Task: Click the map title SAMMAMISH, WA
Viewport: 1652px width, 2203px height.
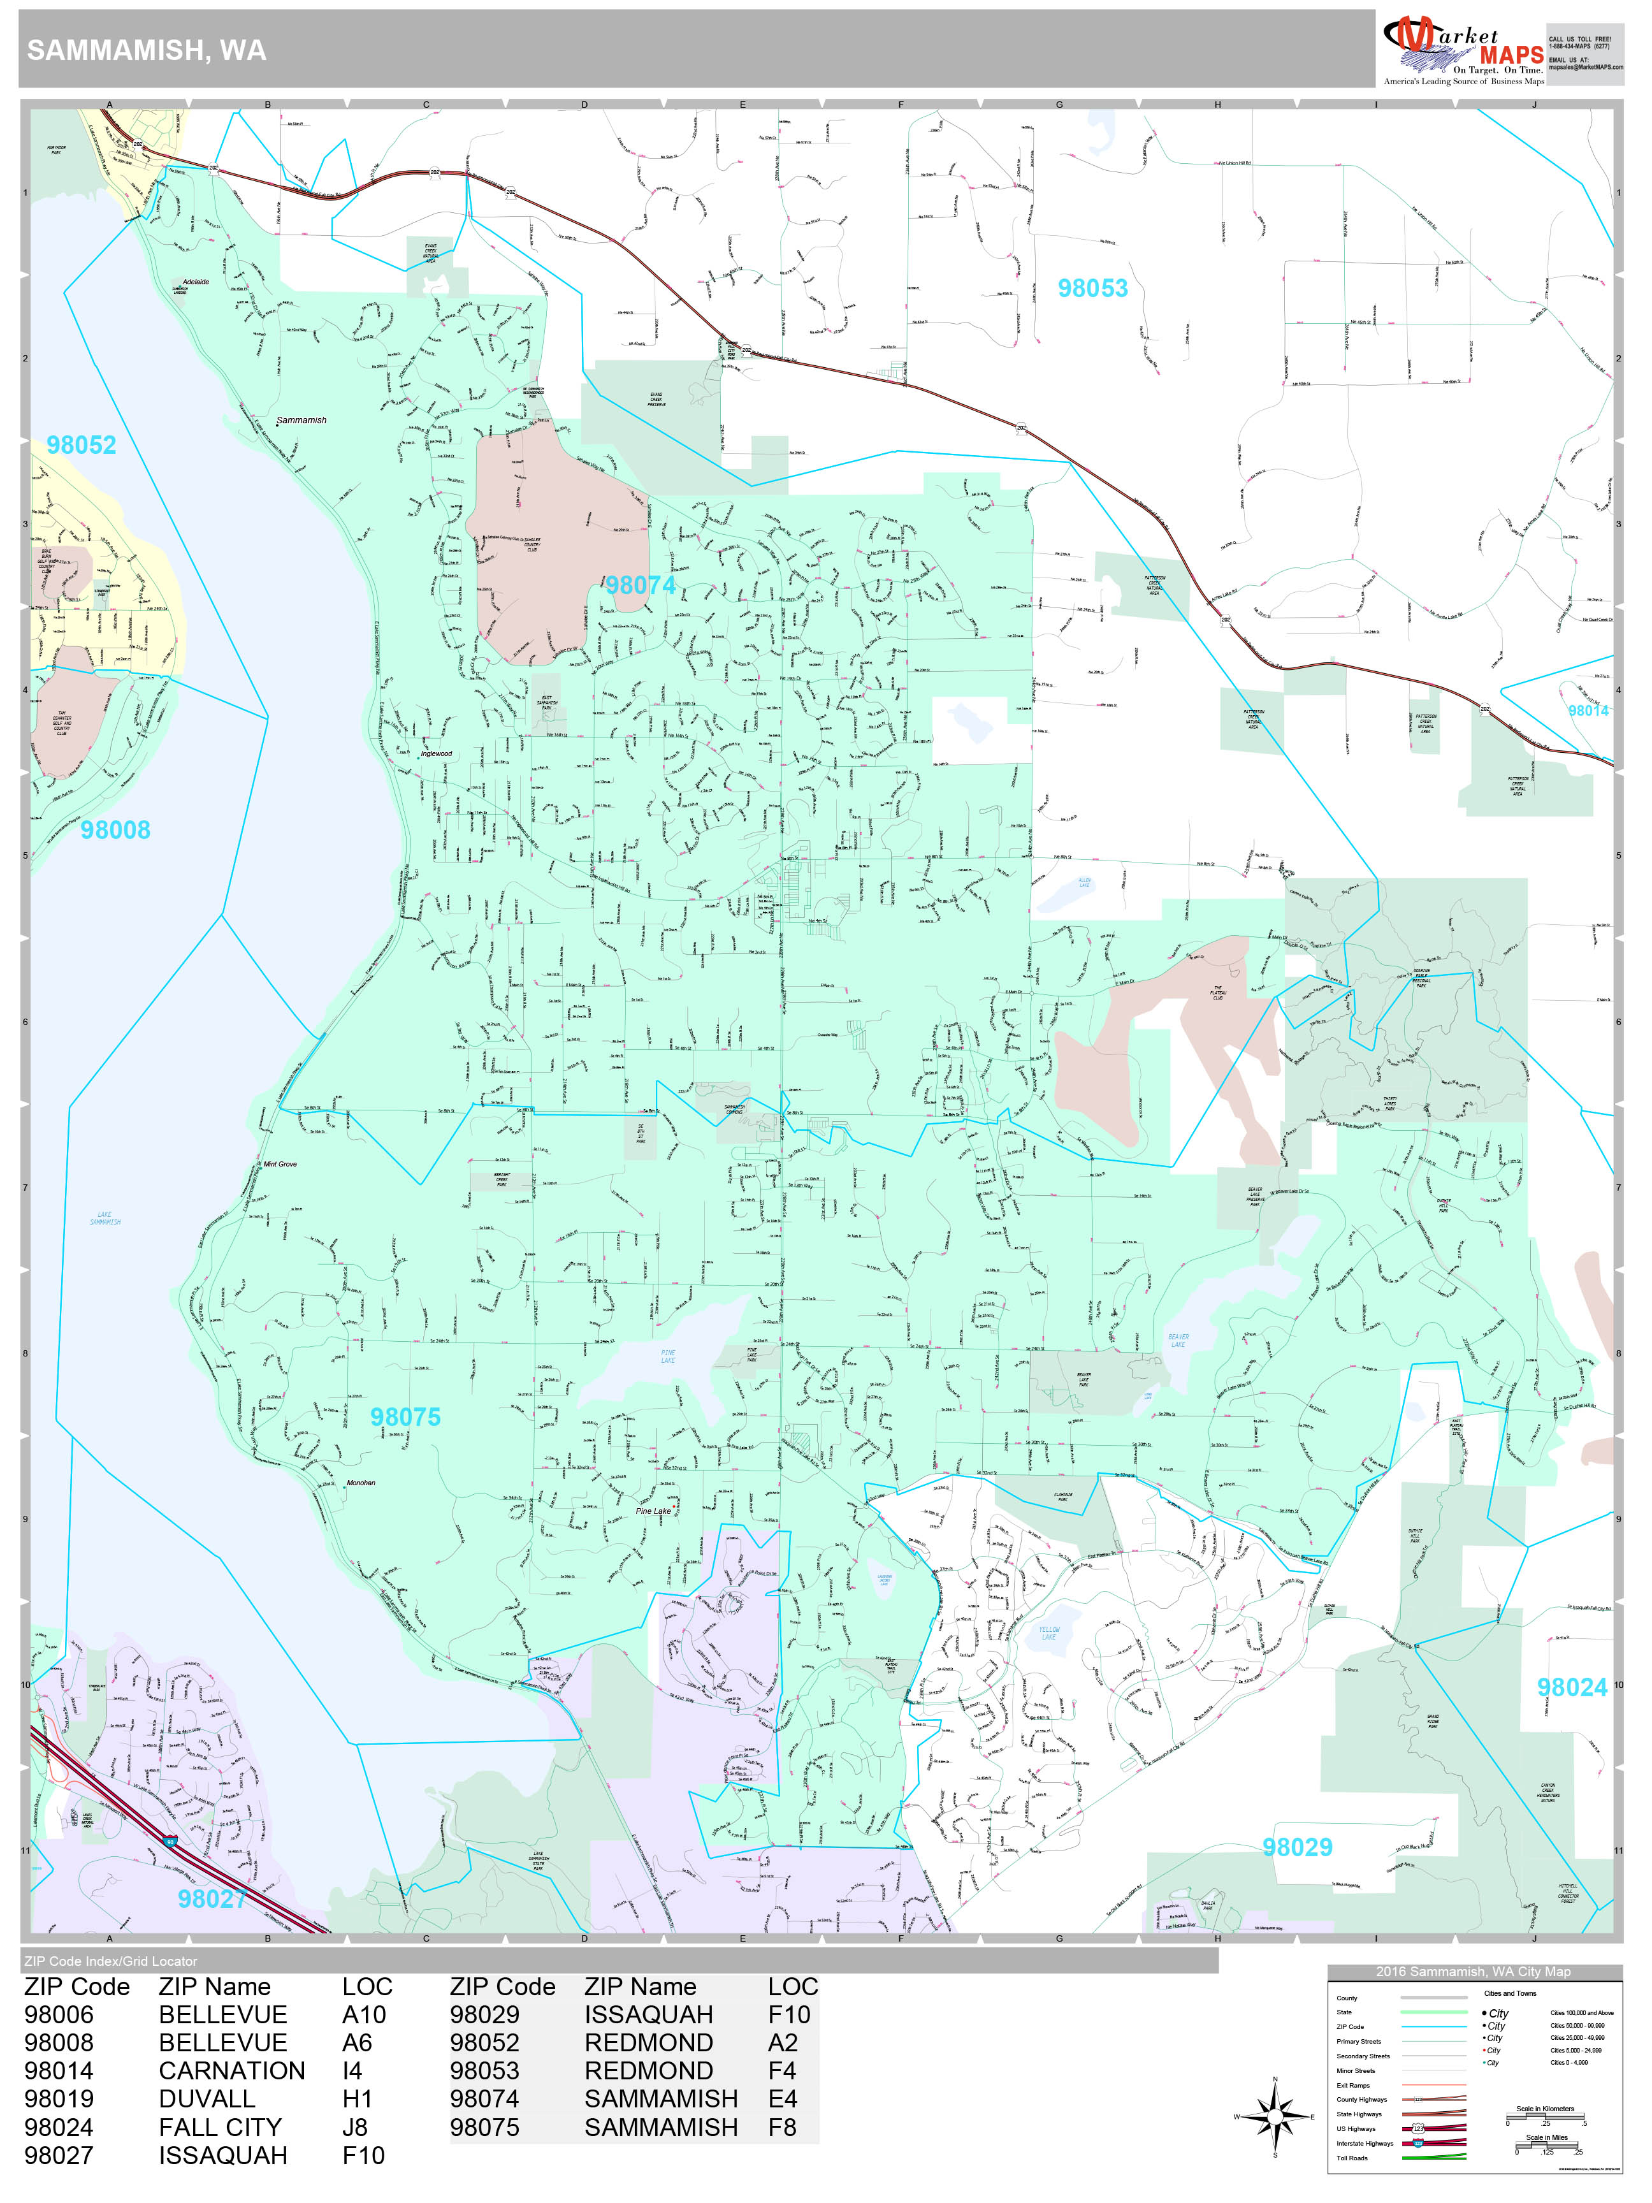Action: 147,52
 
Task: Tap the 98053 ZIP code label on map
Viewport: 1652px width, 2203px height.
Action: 1092,289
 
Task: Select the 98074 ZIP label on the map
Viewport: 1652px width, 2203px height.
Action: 641,586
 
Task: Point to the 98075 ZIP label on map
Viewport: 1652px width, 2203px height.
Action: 404,1417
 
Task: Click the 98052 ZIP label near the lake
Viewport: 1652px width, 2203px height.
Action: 81,445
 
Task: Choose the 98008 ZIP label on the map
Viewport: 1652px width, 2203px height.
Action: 115,829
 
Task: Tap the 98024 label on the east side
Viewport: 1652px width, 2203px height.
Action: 1571,1687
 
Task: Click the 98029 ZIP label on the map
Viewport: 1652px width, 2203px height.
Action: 1296,1847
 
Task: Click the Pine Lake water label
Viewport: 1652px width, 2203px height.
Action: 668,1356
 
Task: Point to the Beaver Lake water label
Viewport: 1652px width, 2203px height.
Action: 1178,1341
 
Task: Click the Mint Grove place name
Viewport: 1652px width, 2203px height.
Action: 280,1164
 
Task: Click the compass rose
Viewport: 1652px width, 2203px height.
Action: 1275,2116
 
